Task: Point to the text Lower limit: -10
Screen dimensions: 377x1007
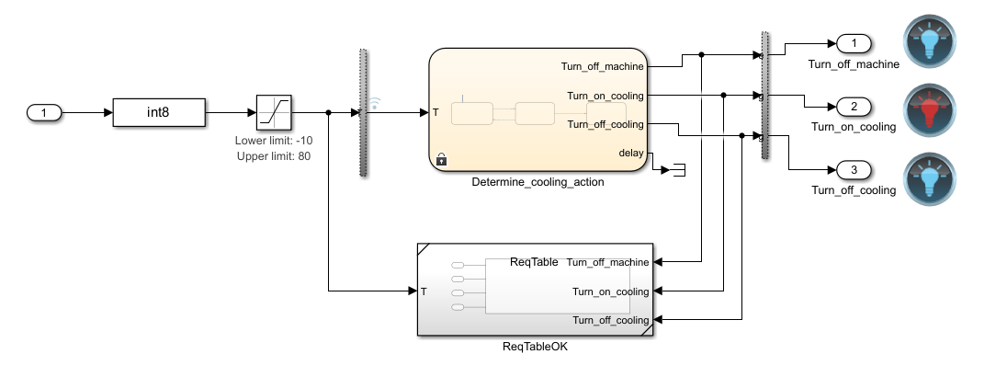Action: (x=274, y=143)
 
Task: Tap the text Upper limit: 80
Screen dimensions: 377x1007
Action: (x=274, y=157)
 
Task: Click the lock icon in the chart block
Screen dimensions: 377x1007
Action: (x=441, y=159)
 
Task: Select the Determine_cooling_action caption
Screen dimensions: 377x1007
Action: (x=537, y=182)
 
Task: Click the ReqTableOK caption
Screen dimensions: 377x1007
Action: (x=535, y=347)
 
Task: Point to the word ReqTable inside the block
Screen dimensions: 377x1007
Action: (x=533, y=262)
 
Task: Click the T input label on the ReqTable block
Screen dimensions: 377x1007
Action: (x=424, y=291)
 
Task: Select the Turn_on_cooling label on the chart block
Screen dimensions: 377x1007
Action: (x=605, y=95)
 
